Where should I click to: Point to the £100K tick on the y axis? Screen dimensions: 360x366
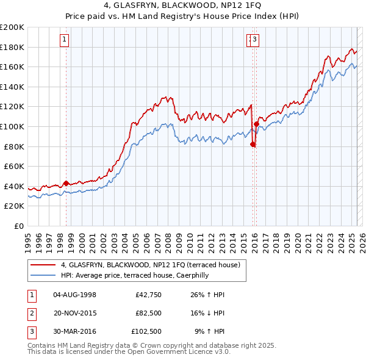click(x=12, y=126)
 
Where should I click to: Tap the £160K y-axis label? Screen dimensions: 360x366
click(x=12, y=67)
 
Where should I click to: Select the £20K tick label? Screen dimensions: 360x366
click(x=14, y=206)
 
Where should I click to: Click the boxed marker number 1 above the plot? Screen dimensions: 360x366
click(x=65, y=41)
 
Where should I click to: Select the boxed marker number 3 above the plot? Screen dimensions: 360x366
click(x=255, y=41)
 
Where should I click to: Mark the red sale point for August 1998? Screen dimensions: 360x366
click(x=66, y=183)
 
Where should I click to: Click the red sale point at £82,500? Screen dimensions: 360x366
click(x=253, y=144)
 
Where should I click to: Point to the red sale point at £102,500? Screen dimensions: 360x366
click(x=256, y=124)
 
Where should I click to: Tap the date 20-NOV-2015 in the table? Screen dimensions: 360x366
click(x=74, y=313)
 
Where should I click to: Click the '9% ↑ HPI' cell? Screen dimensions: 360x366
click(x=209, y=331)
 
